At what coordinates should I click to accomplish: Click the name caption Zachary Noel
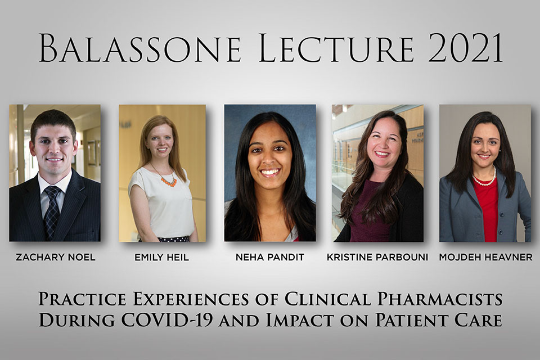pos(56,257)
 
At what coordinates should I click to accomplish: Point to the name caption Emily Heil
pos(161,257)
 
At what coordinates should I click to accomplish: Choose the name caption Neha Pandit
pos(269,257)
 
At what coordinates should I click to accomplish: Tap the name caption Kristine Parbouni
pos(377,257)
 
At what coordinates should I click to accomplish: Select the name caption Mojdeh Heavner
pos(485,257)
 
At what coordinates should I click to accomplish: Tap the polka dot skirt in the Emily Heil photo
pos(174,238)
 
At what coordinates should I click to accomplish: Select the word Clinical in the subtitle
pos(328,299)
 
